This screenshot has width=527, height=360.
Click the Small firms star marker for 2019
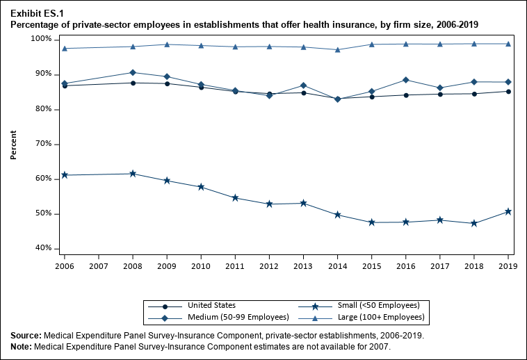[x=508, y=211]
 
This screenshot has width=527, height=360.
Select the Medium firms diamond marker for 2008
[x=133, y=72]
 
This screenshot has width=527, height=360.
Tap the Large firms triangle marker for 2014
[x=337, y=49]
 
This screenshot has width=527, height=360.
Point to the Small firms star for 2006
[x=65, y=175]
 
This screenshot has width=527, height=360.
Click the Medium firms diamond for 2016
[x=405, y=80]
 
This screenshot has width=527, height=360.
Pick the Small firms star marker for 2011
[x=235, y=198]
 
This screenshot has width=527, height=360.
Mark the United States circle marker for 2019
[x=508, y=91]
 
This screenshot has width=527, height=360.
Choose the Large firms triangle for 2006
[x=65, y=48]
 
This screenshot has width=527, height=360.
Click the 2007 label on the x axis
[x=99, y=266]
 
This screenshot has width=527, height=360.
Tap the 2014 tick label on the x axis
[x=337, y=266]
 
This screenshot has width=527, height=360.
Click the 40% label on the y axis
[x=43, y=249]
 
